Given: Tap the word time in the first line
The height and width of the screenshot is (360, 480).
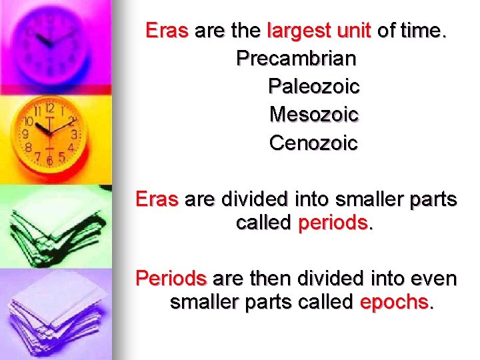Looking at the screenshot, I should (423, 31).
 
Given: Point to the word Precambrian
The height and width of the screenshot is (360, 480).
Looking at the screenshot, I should (296, 59).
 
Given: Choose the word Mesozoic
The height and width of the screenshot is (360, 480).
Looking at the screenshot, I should (314, 115).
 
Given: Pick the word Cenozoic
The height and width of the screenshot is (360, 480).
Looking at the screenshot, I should (314, 143).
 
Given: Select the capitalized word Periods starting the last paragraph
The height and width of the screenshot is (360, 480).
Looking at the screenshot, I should (170, 278).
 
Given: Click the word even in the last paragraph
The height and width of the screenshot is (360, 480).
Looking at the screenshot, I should (435, 278).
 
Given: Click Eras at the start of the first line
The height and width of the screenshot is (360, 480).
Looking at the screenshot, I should (167, 31).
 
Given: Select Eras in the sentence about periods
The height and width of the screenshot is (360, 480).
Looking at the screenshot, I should (157, 199).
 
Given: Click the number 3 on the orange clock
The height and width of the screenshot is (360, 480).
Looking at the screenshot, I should (74, 134).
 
